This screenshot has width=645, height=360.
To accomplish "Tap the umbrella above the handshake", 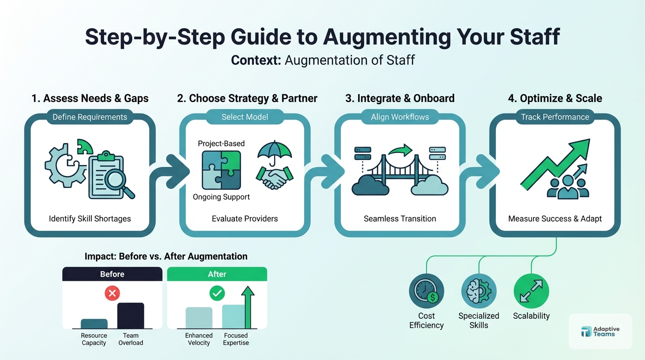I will pos(275,151).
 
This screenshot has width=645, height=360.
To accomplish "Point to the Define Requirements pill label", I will pos(90,117).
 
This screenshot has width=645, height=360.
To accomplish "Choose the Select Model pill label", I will pos(245,117).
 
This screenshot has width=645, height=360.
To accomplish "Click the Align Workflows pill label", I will pos(400,117).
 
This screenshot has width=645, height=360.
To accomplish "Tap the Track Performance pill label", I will pos(555,117).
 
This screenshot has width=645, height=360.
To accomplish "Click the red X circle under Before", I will pos(112,294).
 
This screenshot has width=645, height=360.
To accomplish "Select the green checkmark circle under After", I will pos(217,294).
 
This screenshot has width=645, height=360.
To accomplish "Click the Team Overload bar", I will pos(130,315).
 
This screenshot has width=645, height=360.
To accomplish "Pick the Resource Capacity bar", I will pos(94,323).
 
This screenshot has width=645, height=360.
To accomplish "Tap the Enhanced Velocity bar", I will pos(199,317).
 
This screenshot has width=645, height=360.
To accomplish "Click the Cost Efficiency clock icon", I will pos(426,291).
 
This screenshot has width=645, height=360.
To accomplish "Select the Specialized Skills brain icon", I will pos(479,291).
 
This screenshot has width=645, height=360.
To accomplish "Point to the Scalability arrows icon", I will pos(531,291).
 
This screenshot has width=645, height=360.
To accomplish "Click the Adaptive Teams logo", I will pos(600,331).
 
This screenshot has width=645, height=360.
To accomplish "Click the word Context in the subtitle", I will pos(256,60).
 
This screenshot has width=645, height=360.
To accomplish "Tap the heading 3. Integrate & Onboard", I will pos(400,98).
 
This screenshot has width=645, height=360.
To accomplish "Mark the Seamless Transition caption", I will pos(400,218).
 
